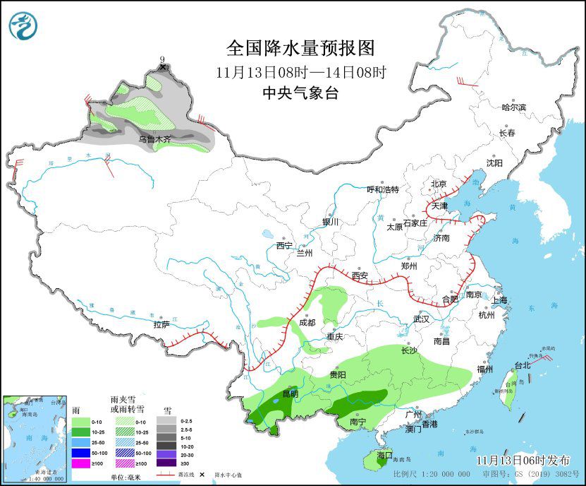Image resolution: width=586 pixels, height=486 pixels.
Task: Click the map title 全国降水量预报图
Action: tap(300, 48)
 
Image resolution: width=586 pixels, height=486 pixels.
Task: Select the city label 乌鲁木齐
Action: tap(154, 140)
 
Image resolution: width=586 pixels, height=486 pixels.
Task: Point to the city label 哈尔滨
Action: tap(513, 107)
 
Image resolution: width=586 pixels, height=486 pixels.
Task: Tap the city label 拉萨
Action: tap(161, 325)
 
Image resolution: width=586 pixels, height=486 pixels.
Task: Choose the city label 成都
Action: tap(307, 322)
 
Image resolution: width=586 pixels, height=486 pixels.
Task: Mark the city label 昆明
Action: tap(290, 393)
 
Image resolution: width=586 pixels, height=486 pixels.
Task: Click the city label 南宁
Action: tap(358, 422)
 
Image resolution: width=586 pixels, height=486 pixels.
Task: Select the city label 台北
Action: tap(522, 366)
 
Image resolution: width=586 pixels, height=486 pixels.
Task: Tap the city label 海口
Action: tap(384, 454)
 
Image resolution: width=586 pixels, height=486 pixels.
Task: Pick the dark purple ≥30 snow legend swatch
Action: tap(167, 463)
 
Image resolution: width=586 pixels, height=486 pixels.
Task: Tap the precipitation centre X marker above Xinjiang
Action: tap(164, 67)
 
